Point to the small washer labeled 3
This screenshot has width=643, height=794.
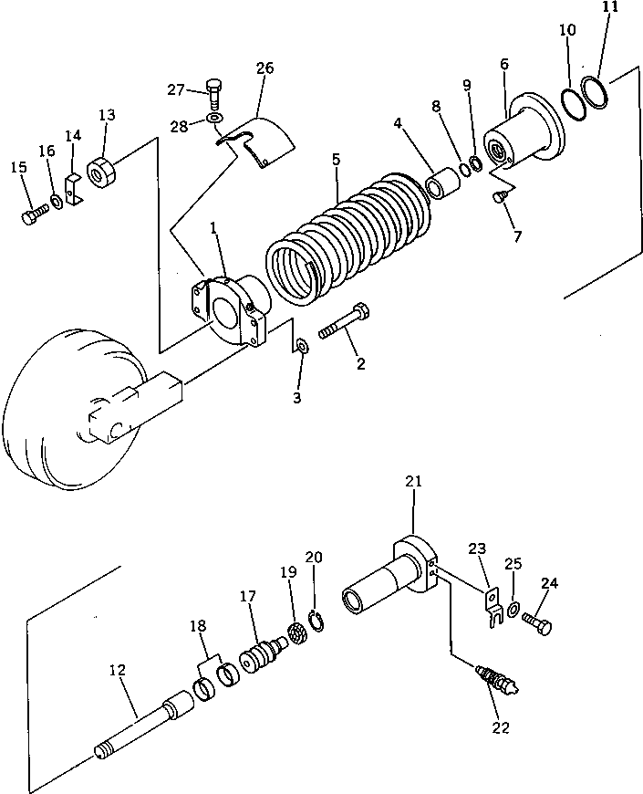pyautogui.click(x=302, y=347)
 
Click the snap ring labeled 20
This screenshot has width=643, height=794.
pyautogui.click(x=316, y=622)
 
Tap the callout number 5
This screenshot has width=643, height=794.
pyautogui.click(x=336, y=159)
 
